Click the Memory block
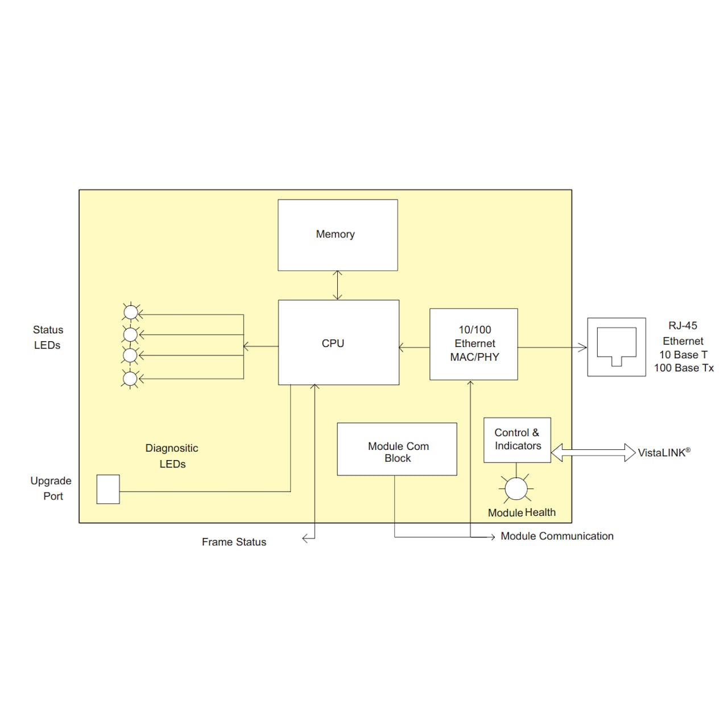(x=337, y=235)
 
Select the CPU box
(x=338, y=342)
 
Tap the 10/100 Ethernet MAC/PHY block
(x=474, y=344)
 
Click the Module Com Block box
(x=397, y=449)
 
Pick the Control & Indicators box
(x=517, y=440)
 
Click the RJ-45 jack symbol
(x=617, y=347)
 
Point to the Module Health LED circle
(x=516, y=489)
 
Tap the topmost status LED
(x=131, y=312)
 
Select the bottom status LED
(x=131, y=379)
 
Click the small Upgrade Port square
(x=108, y=489)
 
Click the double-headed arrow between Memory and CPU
(x=338, y=285)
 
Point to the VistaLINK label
(x=664, y=453)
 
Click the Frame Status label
(x=234, y=542)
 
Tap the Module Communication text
(x=557, y=536)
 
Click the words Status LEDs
(x=48, y=337)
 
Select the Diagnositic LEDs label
(x=172, y=456)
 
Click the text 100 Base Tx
(x=684, y=368)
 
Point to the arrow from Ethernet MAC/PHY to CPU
(x=414, y=348)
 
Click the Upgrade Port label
(x=51, y=488)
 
